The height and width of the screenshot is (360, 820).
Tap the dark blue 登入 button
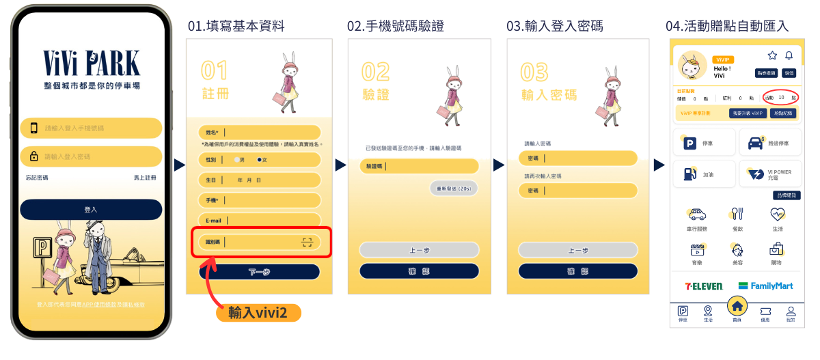pos(91,210)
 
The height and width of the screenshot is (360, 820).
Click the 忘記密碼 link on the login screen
pos(38,178)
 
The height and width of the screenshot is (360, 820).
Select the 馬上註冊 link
pos(145,178)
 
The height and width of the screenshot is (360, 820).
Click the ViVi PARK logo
pos(92,63)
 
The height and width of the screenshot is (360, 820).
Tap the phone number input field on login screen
pos(92,128)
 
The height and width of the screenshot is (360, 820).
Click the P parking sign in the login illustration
pos(42,248)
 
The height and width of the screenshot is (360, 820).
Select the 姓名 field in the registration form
pos(260,133)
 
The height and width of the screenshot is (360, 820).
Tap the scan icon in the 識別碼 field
pos(307,242)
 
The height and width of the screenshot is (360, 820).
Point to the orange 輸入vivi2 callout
pos(259,313)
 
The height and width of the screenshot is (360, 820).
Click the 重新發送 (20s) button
pos(454,188)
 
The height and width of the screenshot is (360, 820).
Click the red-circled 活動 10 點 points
pos(781,98)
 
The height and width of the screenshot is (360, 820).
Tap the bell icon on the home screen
pos(789,55)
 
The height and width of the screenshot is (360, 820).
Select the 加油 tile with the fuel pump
pos(704,174)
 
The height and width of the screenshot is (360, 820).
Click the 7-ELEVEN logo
pos(704,286)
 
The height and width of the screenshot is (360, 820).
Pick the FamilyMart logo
pos(765,286)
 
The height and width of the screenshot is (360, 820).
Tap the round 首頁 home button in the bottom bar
pos(737,306)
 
